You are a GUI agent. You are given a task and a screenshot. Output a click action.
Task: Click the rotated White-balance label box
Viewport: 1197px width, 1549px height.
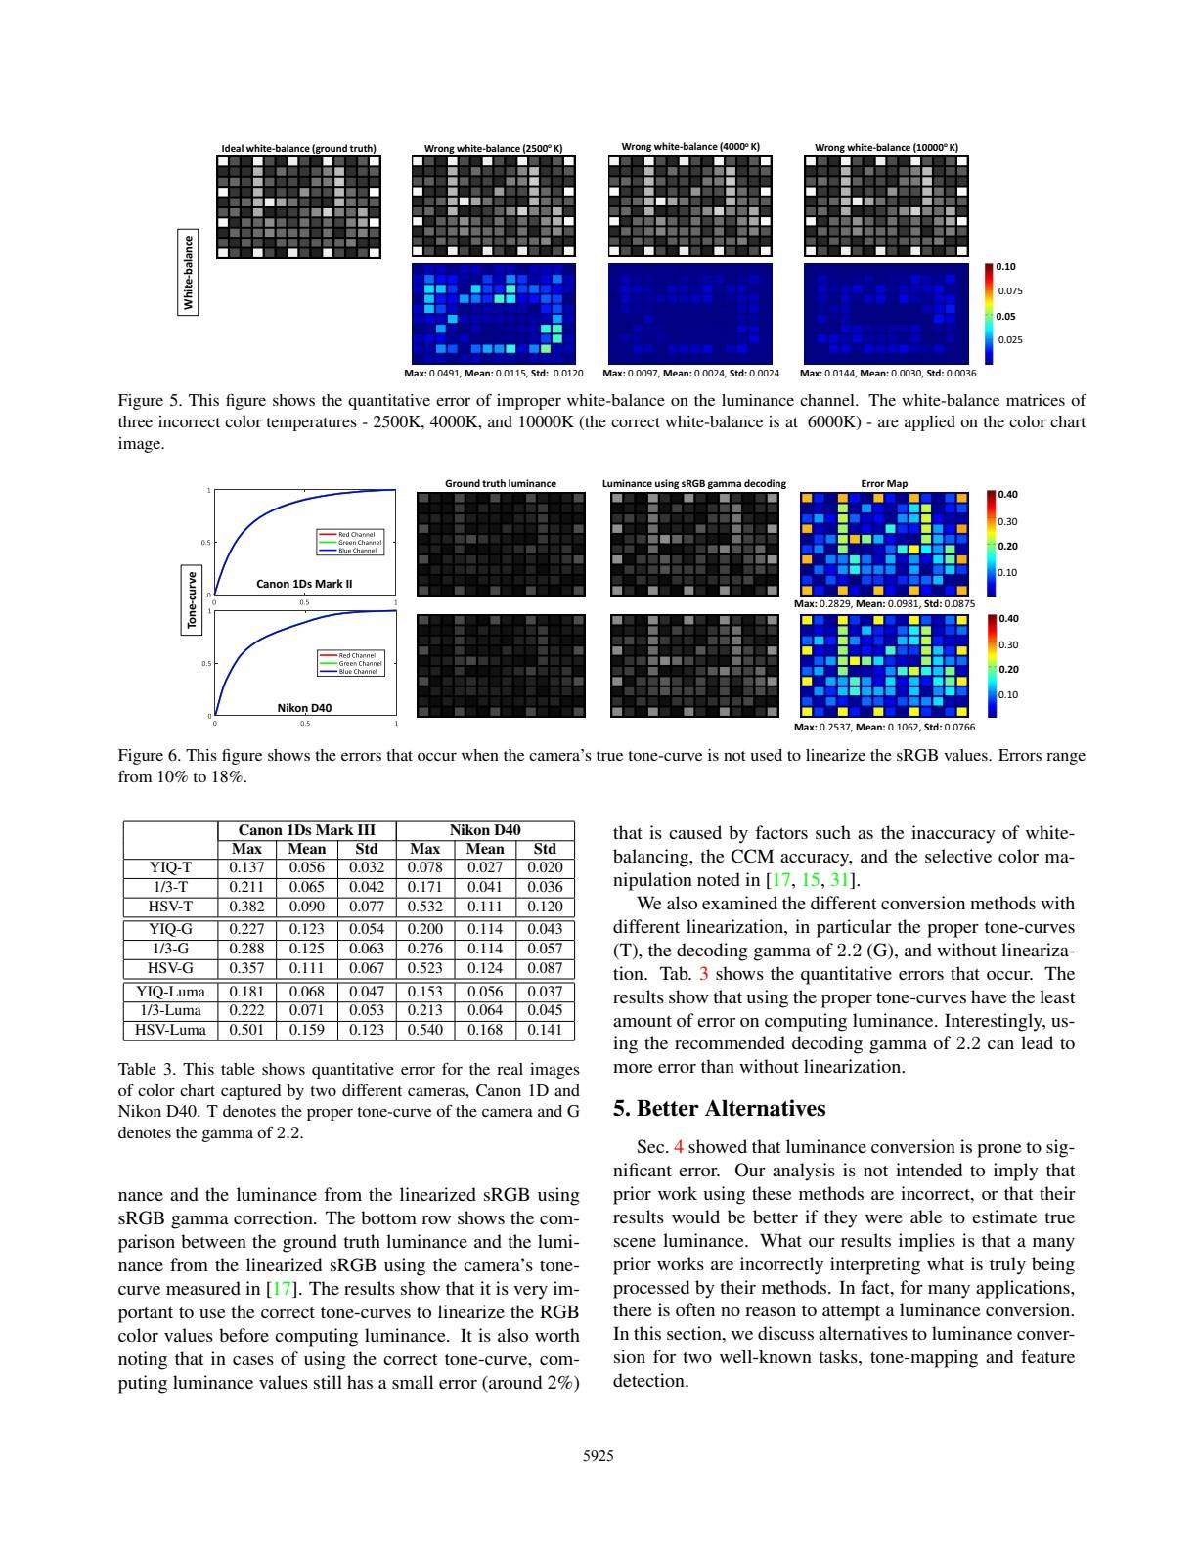point(189,271)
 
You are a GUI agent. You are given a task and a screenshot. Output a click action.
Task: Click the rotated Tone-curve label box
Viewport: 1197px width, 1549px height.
point(192,599)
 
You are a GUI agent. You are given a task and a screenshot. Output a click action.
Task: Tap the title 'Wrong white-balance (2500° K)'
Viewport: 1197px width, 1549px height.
point(494,148)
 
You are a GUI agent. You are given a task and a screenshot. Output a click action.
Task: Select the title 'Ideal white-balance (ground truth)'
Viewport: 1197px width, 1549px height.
point(298,148)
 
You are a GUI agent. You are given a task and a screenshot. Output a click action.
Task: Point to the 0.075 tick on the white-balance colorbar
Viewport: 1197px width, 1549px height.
point(1009,291)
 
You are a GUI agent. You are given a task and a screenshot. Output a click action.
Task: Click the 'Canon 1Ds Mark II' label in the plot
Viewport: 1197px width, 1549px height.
point(304,584)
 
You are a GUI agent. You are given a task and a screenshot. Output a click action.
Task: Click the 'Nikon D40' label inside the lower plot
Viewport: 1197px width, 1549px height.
point(304,707)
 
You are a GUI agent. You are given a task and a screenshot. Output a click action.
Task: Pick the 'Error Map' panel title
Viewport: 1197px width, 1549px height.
point(884,483)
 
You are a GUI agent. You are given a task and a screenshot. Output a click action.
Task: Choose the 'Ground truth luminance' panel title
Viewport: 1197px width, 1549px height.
point(501,483)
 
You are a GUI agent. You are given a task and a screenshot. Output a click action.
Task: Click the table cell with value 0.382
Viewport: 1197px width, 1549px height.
point(246,907)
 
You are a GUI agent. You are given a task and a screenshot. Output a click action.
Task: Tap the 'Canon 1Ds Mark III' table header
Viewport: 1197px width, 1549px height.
point(307,830)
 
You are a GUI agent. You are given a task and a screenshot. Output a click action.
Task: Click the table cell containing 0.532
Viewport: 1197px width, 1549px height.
point(425,907)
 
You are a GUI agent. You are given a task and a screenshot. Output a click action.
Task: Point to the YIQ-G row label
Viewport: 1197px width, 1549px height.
point(170,929)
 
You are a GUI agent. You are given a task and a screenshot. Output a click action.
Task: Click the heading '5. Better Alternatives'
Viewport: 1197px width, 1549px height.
point(719,1109)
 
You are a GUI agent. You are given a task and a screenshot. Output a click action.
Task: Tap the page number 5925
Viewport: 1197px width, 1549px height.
point(598,1456)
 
